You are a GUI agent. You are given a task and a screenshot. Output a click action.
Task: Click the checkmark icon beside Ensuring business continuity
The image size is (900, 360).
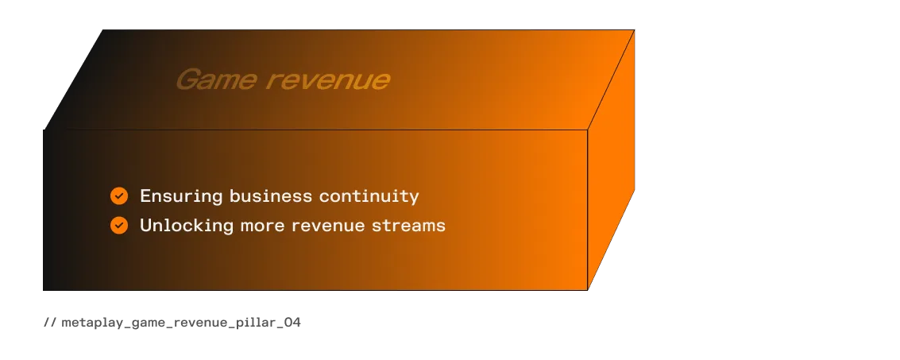click(x=119, y=195)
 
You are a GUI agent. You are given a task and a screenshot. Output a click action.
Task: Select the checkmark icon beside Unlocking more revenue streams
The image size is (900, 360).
click(x=119, y=226)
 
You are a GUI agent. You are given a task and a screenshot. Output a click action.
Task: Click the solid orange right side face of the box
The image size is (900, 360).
click(x=612, y=159)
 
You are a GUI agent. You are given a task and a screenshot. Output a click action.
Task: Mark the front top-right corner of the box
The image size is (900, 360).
click(x=587, y=129)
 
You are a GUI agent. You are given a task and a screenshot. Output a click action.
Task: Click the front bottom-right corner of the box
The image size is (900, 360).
click(x=587, y=290)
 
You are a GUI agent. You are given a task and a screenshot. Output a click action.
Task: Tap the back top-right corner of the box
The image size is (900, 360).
click(x=634, y=30)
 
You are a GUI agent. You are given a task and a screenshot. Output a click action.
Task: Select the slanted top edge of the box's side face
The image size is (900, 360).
click(x=611, y=79)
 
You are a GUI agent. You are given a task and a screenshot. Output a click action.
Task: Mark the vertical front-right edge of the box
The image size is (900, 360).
click(x=587, y=210)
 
